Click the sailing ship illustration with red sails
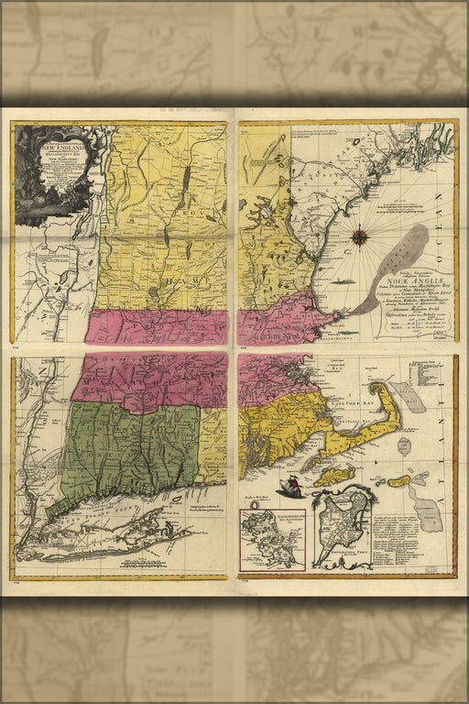[290, 486]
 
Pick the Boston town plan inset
[344, 529]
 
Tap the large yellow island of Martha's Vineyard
[334, 476]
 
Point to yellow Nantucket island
[398, 480]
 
